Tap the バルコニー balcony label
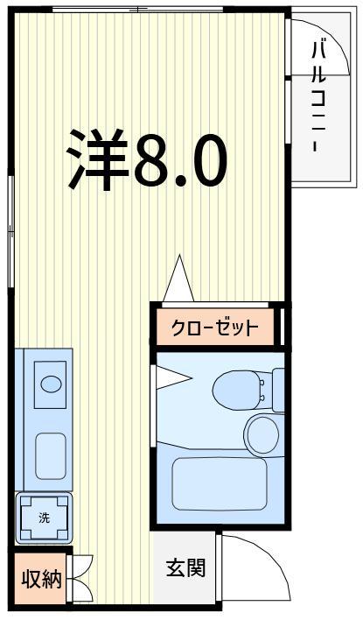click(x=318, y=96)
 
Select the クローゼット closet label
click(x=215, y=328)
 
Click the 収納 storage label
click(x=41, y=579)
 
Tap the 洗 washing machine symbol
click(x=44, y=517)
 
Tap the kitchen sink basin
click(x=52, y=453)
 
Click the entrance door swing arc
click(x=259, y=567)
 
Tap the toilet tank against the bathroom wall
click(x=278, y=389)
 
